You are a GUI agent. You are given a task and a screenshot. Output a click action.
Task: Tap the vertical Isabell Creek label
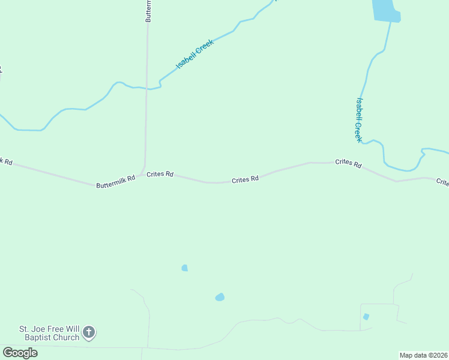coord(359,120)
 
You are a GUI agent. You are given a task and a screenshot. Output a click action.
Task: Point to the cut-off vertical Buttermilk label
coord(148,11)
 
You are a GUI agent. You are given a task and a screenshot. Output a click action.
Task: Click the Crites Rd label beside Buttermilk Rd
coord(160,174)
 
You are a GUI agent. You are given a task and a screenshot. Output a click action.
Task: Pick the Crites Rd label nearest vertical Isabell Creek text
coord(348,163)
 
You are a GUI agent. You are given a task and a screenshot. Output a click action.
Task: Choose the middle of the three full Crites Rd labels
coord(246,179)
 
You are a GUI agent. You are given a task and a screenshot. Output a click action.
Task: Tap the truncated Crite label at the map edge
coord(442,182)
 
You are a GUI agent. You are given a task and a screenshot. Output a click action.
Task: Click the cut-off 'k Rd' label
coord(5,161)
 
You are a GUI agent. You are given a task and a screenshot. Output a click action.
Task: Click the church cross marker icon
coord(89,332)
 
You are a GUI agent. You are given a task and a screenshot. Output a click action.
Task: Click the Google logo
coord(20,353)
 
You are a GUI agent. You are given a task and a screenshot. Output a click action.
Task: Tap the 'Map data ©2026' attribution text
coord(424,355)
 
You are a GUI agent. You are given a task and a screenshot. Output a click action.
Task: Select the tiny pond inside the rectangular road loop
coord(366,317)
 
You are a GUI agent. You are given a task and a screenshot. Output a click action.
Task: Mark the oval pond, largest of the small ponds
coord(220,297)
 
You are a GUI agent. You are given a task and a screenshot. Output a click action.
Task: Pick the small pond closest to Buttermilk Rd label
coord(185,268)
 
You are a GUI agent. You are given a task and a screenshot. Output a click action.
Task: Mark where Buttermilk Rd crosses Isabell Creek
coord(147,89)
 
